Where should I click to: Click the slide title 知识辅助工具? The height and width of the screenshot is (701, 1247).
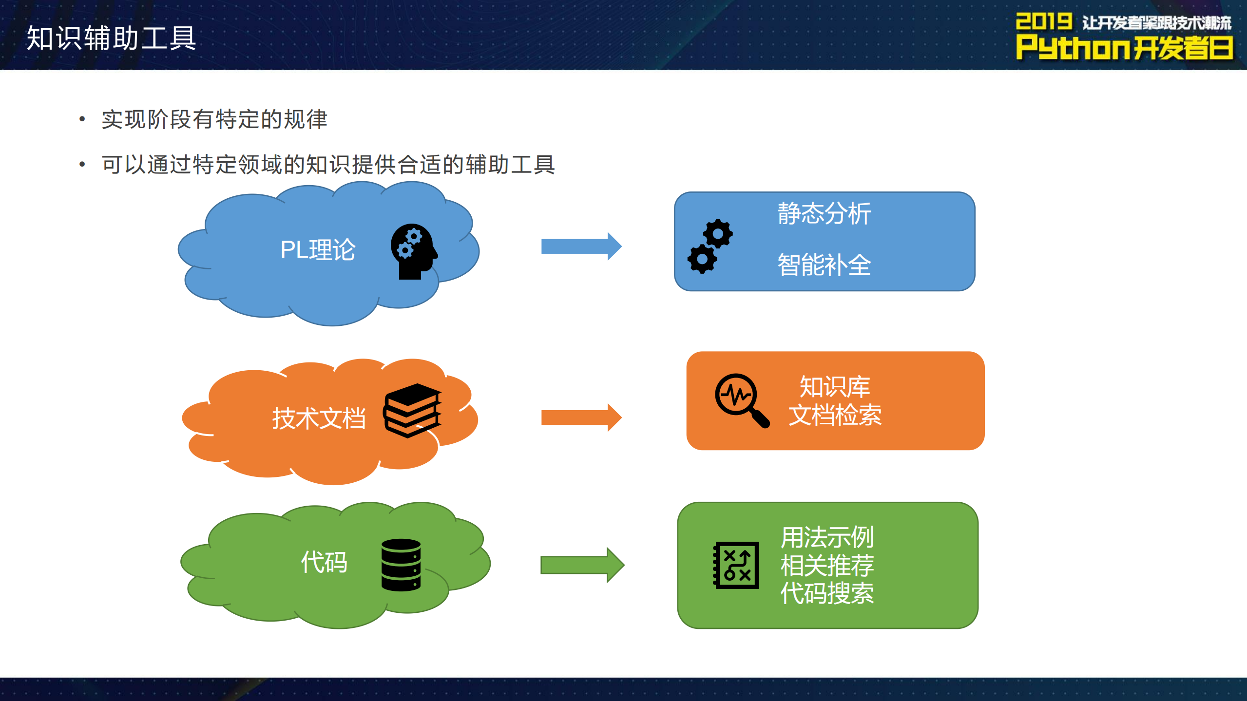[111, 38]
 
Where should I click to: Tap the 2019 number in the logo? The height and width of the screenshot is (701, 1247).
[1043, 21]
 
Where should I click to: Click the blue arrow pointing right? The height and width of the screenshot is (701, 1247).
[581, 246]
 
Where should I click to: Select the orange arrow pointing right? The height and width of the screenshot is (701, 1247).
[581, 417]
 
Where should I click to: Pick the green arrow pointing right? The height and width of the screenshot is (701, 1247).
[582, 565]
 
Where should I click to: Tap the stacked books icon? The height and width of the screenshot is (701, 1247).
[412, 410]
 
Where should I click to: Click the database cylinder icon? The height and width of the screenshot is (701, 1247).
[401, 565]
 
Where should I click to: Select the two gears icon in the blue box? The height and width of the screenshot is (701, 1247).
[710, 246]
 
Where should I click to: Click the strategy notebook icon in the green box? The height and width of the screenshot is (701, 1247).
[736, 565]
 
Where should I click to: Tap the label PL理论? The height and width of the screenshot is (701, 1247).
[318, 250]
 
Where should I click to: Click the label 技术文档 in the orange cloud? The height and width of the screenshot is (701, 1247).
[319, 418]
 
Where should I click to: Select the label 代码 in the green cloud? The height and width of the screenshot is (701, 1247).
[324, 562]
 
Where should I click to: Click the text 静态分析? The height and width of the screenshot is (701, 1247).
[824, 214]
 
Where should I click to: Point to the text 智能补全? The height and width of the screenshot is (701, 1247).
[824, 265]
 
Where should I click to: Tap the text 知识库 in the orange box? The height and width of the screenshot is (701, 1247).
[834, 387]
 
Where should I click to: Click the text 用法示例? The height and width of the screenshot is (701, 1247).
[827, 537]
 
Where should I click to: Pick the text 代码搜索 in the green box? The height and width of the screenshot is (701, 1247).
[827, 594]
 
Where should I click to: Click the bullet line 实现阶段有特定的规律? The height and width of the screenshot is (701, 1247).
[214, 119]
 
